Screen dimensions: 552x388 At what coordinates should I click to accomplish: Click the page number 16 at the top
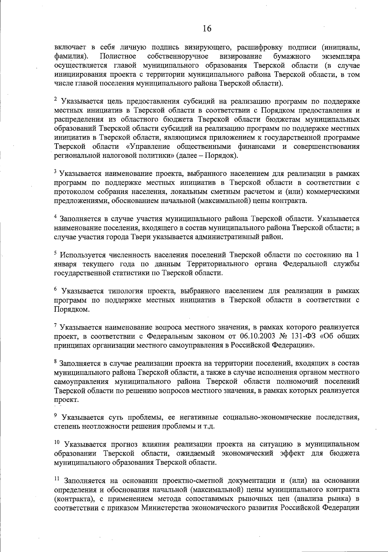point(207,29)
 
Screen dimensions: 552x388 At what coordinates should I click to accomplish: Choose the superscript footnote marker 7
point(56,325)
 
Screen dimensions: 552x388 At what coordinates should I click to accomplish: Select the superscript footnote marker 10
point(57,442)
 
